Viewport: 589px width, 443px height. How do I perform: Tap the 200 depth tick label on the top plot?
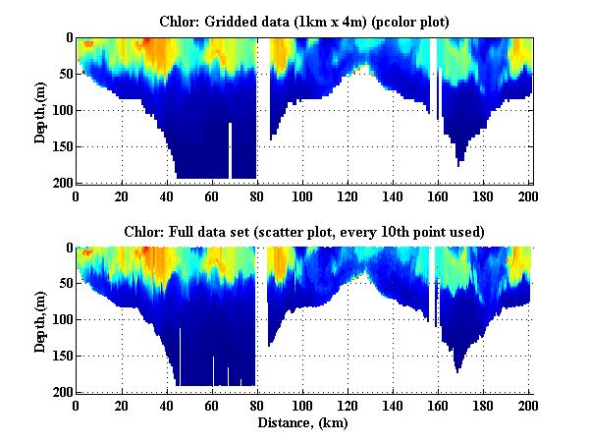tap(60, 183)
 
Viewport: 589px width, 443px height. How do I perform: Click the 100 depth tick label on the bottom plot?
tap(60, 320)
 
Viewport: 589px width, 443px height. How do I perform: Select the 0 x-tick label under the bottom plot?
tap(77, 405)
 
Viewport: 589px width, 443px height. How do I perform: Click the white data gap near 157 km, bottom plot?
tap(431, 285)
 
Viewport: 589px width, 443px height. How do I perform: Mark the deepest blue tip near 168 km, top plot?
tap(457, 161)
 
